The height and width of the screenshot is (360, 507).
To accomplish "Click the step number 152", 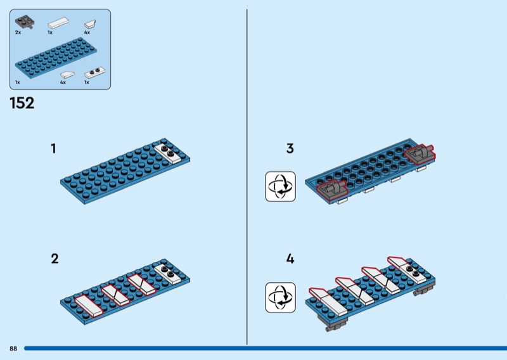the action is [22, 103].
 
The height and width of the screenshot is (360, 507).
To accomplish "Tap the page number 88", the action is [13, 349].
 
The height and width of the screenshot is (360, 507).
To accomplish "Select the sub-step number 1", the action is [53, 148].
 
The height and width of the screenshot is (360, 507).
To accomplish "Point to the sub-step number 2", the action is [55, 259].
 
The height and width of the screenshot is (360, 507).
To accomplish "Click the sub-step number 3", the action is [290, 148].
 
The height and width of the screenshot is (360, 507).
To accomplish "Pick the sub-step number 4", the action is [290, 259].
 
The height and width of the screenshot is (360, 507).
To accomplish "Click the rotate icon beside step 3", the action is [280, 186].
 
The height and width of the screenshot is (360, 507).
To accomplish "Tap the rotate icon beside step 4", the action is [280, 297].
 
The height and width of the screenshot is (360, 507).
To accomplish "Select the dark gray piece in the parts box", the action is [25, 22].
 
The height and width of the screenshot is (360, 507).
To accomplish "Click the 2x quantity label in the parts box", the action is [18, 32].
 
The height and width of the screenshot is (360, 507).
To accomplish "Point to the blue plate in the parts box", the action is [56, 58].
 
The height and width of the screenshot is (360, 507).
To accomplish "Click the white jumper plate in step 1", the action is [167, 153].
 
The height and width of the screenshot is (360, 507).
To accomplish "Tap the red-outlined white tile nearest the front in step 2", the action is [89, 305].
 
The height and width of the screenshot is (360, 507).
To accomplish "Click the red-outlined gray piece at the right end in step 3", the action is [420, 154].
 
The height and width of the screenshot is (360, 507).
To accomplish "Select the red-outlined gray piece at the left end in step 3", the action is [331, 190].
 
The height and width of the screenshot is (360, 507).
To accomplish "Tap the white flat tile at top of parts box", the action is [58, 23].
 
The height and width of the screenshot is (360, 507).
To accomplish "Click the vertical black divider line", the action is [247, 177].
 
